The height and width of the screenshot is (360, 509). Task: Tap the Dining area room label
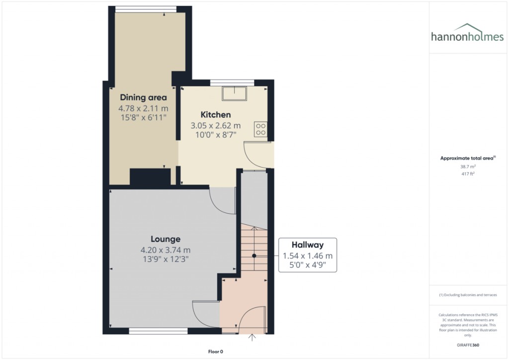coord(143,97)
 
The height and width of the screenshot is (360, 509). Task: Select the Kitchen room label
coord(215,115)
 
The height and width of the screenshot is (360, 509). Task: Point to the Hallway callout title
coord(307,245)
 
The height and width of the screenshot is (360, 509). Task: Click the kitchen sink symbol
coord(234,93)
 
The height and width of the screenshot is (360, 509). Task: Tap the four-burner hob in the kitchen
coord(260,129)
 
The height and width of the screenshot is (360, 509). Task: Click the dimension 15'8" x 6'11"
coord(143,117)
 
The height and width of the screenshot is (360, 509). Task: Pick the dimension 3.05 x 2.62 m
coord(215,126)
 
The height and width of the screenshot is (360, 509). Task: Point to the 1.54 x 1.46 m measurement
coord(307,256)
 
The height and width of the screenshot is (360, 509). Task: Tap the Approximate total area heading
coord(467,158)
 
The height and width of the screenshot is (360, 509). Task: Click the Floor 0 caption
coord(216,352)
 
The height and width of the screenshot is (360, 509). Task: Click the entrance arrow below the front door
coord(252,338)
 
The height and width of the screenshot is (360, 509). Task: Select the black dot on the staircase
coord(254,256)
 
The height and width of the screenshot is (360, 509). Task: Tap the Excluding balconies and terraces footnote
coord(468,295)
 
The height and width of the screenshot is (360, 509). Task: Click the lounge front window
coord(158,330)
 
